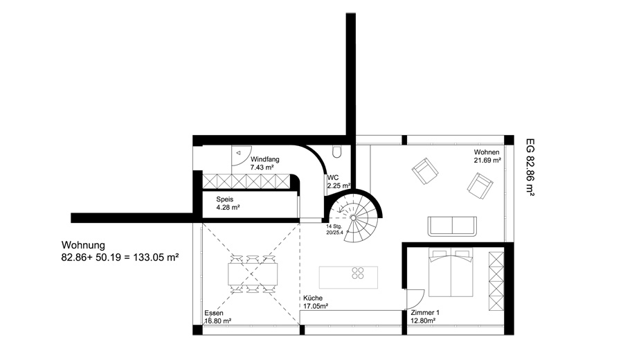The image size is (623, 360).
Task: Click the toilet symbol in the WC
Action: pos(337,152)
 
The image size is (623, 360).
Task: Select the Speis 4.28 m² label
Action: pos(228,203)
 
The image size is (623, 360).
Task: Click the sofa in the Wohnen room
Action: pos(452,226)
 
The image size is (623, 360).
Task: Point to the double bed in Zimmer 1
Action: pos(451,272)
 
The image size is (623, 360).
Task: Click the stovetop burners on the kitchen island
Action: pos(358,273)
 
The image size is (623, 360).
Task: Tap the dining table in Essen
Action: pos(253,274)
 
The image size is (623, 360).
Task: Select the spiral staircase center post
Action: pos(352,217)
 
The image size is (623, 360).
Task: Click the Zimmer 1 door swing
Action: pos(415,299)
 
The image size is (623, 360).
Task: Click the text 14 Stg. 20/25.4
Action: pos(334,229)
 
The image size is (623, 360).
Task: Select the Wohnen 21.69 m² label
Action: pos(487,156)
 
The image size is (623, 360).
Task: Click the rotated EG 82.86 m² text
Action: pos(530,167)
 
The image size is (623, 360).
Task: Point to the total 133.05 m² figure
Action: pos(156,257)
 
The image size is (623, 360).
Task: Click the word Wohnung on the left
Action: pos(83,245)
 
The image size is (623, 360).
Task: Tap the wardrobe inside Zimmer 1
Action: pos(496,281)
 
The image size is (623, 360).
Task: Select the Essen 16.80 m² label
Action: pos(218,316)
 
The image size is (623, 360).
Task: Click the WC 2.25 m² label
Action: pos(338,181)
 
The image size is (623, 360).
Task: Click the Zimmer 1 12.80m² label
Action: pos(425,316)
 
